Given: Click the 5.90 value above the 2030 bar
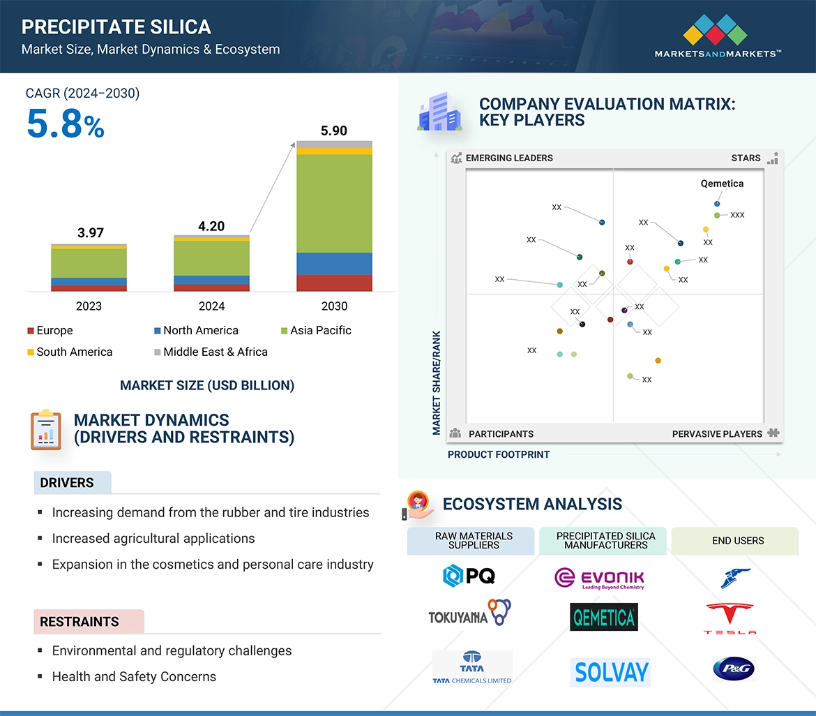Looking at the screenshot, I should [334, 130].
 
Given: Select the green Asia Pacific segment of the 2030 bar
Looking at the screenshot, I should [334, 202].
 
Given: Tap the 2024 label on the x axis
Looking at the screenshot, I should [211, 306].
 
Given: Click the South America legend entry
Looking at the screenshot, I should [70, 352].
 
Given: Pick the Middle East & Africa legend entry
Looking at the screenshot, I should [211, 352].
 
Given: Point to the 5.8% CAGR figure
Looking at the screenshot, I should [66, 125].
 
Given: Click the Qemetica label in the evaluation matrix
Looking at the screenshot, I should [722, 184].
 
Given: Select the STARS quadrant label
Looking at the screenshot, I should [746, 158].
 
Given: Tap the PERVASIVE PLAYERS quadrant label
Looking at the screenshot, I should [717, 433].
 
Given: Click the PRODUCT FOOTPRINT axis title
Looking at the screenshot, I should [499, 454].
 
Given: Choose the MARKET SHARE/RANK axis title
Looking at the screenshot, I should [437, 382].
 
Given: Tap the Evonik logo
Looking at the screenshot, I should [600, 578].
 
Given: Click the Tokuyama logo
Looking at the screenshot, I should [469, 613].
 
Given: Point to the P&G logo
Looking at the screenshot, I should [734, 669].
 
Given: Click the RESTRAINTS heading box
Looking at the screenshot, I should [89, 621].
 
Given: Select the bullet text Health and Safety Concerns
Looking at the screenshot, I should [134, 676].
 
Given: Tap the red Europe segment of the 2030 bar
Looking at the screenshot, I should [334, 283].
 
